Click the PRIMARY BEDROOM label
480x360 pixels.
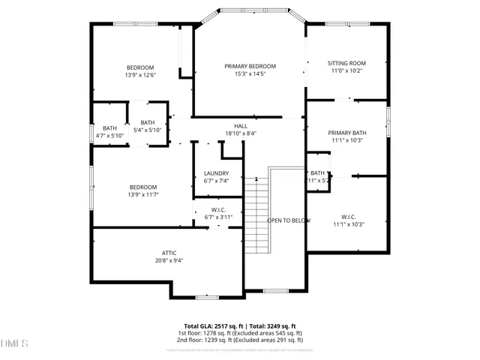click(x=250, y=66)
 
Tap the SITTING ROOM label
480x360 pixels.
click(x=346, y=63)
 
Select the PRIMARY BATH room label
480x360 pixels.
click(x=346, y=132)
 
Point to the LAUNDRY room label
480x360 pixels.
click(x=216, y=173)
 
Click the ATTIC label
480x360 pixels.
click(x=169, y=253)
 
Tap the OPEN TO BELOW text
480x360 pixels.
click(x=289, y=220)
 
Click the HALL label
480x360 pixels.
click(x=240, y=126)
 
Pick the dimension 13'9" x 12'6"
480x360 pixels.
click(x=139, y=75)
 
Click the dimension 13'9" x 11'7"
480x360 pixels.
click(x=142, y=195)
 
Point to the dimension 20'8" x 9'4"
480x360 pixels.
click(x=169, y=261)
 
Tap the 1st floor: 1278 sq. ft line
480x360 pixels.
click(x=240, y=333)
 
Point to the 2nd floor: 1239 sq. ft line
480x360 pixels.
click(x=240, y=340)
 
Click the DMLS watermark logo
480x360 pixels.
click(x=14, y=343)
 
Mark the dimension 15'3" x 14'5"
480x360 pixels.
click(x=250, y=74)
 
